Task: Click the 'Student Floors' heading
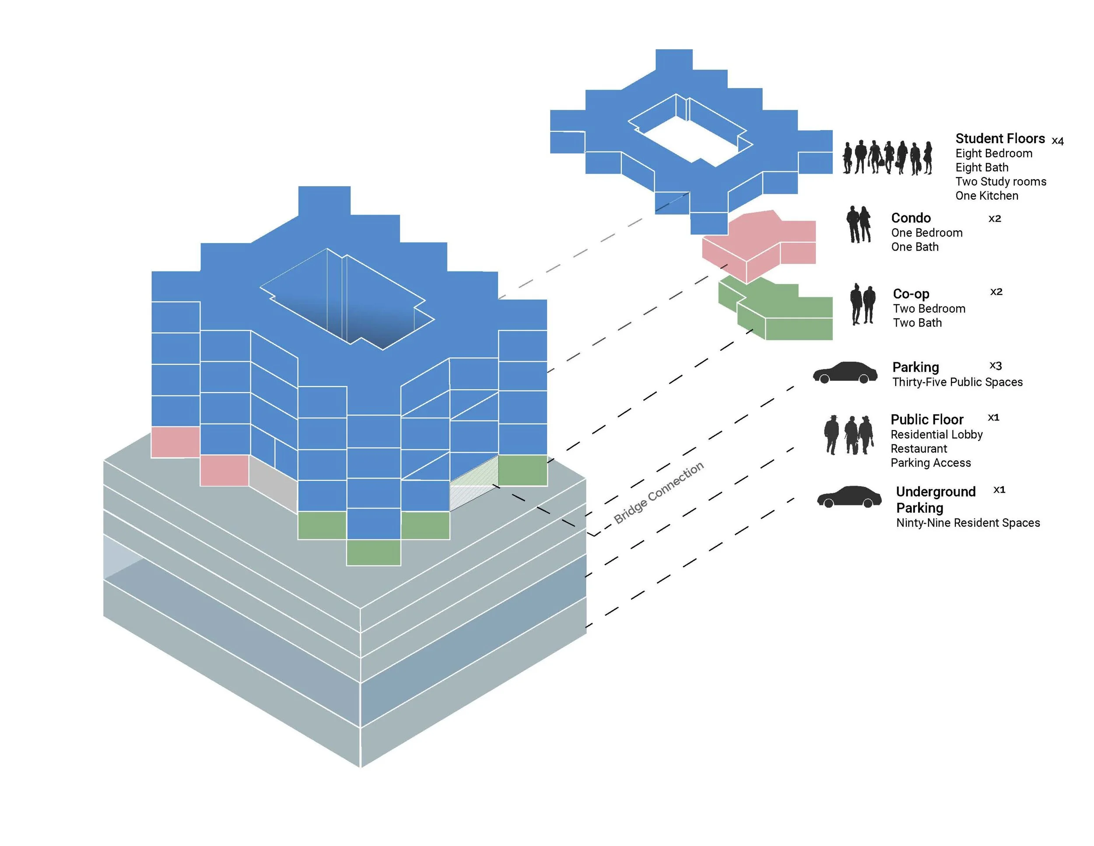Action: [1000, 138]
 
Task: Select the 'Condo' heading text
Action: [911, 218]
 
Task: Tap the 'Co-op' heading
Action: [911, 294]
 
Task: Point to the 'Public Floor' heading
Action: [927, 419]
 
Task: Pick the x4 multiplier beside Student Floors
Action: [1057, 141]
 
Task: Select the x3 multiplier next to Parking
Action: [995, 366]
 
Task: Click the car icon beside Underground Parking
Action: [849, 497]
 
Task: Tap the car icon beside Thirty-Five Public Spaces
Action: [845, 372]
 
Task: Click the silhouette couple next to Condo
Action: [859, 224]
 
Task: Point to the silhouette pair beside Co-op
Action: [863, 304]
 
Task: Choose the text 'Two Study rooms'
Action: [1001, 181]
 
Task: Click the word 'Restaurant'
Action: [919, 448]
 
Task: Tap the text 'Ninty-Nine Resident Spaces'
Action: [968, 523]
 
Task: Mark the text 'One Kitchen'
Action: [986, 195]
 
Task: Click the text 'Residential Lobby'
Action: [936, 434]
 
